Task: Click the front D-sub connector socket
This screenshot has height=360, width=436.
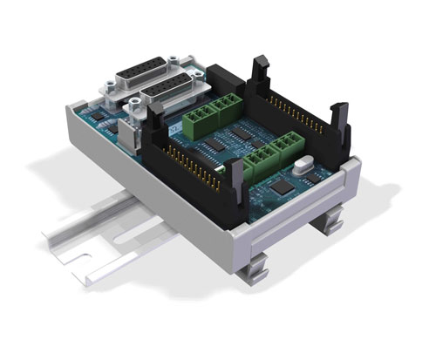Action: coord(171,92)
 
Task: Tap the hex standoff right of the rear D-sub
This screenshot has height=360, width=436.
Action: coord(182,63)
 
